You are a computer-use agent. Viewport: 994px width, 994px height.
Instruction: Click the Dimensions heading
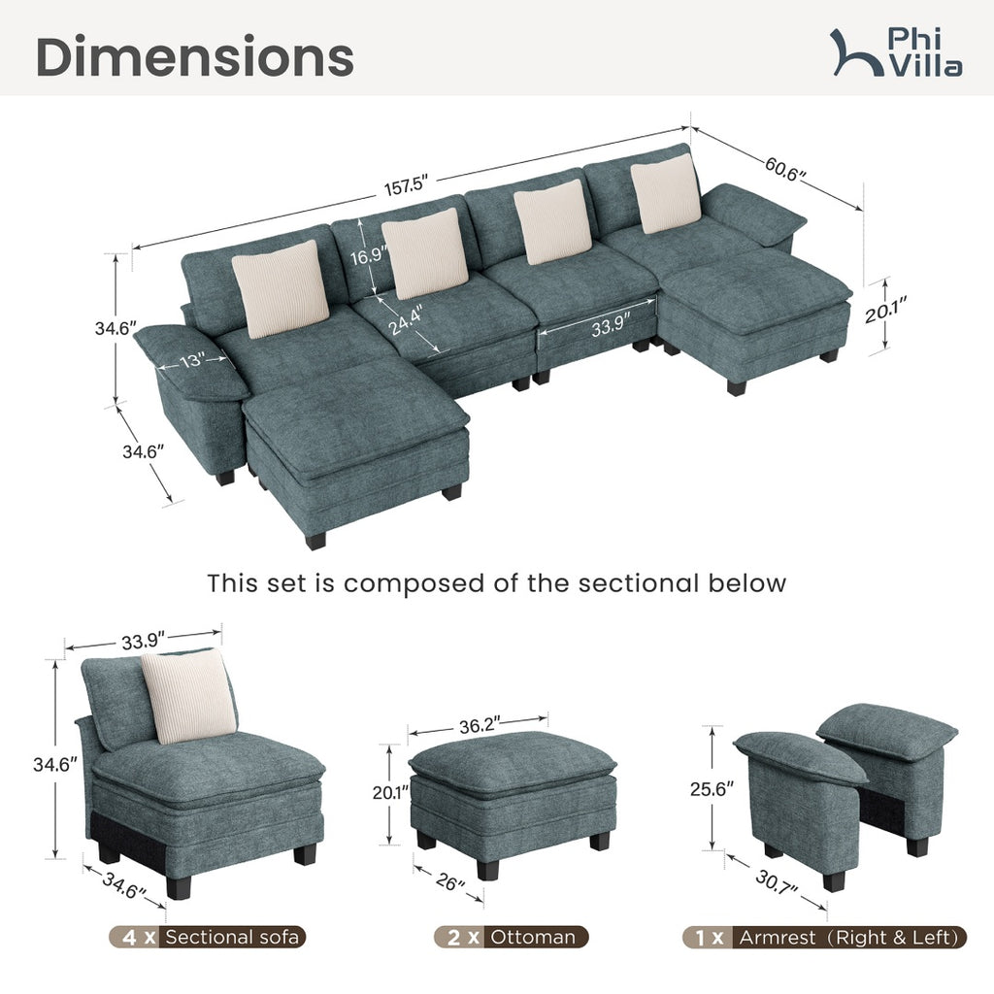coord(194,57)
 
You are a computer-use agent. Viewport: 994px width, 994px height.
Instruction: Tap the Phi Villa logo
coord(896,52)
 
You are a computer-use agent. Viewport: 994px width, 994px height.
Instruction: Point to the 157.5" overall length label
coord(407,186)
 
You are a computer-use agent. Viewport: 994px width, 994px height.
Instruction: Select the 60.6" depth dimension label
coord(784,169)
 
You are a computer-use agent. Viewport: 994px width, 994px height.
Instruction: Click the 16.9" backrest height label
coord(368,256)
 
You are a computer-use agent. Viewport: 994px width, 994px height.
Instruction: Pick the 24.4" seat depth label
coord(405,319)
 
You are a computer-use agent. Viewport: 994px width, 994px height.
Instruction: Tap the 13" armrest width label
coord(191,361)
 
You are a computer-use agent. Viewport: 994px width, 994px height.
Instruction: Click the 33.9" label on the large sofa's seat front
coord(608,328)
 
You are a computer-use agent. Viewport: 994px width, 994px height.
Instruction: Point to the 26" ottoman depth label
coord(450,880)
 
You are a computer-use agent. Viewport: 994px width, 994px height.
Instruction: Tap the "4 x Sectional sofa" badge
coord(208,937)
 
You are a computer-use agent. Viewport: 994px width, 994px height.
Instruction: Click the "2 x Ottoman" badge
coord(512,937)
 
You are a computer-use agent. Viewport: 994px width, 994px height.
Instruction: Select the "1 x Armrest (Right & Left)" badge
coord(825,937)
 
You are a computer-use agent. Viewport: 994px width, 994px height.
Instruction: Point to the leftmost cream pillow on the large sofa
coord(280,289)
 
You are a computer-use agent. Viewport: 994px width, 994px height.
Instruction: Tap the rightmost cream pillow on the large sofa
coord(666,193)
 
